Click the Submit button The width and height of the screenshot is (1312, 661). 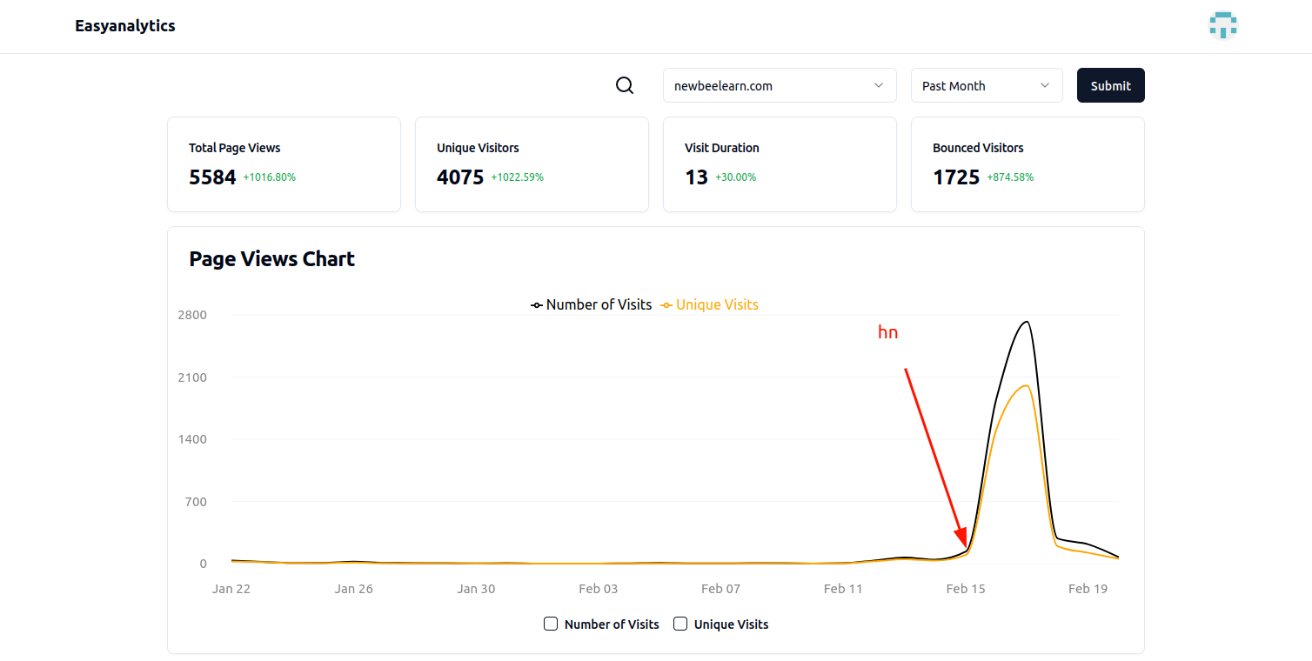[x=1110, y=85]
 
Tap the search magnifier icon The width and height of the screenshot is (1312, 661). [x=625, y=85]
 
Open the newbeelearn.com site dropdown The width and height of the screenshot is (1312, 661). [x=779, y=85]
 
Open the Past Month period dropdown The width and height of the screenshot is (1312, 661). [x=986, y=85]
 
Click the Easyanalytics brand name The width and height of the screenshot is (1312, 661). [x=125, y=26]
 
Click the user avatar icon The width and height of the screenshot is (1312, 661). [x=1222, y=25]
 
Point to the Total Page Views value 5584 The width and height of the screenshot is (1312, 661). [x=212, y=177]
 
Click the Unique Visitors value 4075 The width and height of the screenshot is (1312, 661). [x=460, y=177]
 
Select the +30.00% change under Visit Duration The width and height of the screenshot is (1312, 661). [x=735, y=177]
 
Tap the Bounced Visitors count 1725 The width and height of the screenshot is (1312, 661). [x=956, y=177]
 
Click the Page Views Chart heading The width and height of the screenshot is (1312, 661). [x=271, y=259]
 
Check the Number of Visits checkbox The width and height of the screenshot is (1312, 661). [x=551, y=624]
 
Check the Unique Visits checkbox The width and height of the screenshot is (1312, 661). [x=680, y=624]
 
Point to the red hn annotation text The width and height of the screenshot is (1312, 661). [x=887, y=332]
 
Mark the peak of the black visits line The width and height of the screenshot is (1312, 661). [x=1028, y=322]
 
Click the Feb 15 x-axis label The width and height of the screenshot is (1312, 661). [x=966, y=589]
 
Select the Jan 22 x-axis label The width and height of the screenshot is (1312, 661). [x=231, y=589]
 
